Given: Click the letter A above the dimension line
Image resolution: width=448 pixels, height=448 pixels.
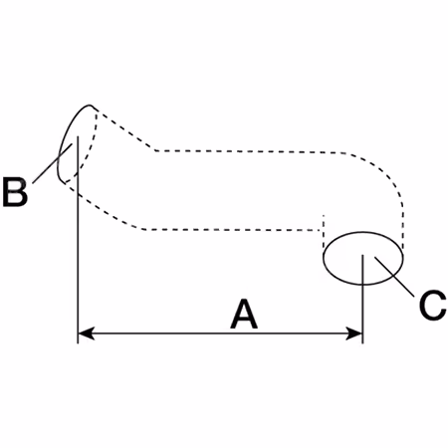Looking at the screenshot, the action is click(x=244, y=314).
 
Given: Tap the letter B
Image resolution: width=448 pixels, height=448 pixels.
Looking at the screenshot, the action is click(x=15, y=192).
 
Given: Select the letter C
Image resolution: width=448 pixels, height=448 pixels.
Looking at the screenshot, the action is click(x=432, y=306).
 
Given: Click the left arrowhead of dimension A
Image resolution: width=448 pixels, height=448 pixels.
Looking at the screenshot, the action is click(x=87, y=334).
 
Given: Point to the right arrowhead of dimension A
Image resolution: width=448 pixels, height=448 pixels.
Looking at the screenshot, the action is click(x=354, y=334).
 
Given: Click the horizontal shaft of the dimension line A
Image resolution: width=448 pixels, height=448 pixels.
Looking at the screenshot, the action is click(x=220, y=334).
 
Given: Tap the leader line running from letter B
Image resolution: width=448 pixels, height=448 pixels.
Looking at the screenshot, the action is click(x=53, y=163).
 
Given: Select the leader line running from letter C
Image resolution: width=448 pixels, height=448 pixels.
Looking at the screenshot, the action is click(x=394, y=276).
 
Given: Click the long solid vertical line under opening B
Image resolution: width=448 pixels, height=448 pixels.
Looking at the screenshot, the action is click(x=78, y=239).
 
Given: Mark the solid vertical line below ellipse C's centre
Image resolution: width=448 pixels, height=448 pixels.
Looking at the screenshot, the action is click(x=362, y=299).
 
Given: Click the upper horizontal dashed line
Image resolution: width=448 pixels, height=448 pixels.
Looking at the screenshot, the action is click(x=247, y=151).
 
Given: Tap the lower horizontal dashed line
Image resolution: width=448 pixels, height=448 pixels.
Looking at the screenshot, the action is click(x=232, y=229).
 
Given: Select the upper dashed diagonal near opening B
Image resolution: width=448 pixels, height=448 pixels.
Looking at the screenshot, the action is click(x=126, y=130).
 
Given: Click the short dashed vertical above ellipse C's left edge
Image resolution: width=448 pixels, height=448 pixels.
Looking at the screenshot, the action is click(x=324, y=232).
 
